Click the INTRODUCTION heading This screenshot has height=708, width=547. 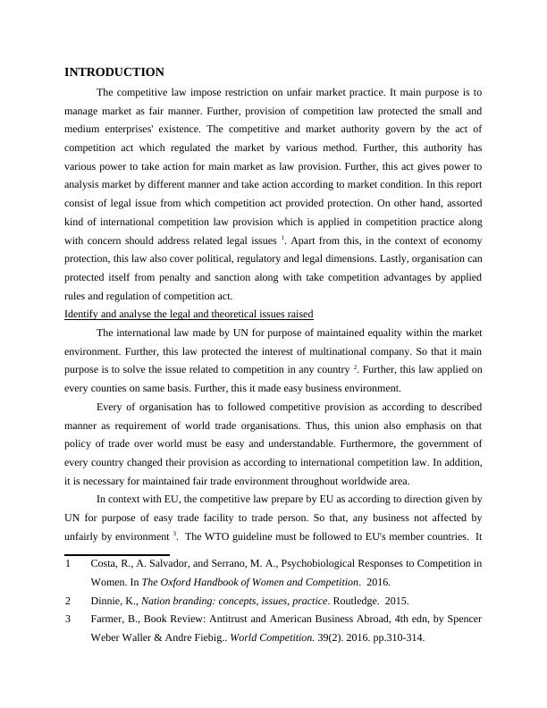pyautogui.click(x=114, y=72)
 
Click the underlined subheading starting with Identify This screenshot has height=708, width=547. pyautogui.click(x=189, y=314)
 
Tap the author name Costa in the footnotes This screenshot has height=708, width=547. pyautogui.click(x=106, y=563)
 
